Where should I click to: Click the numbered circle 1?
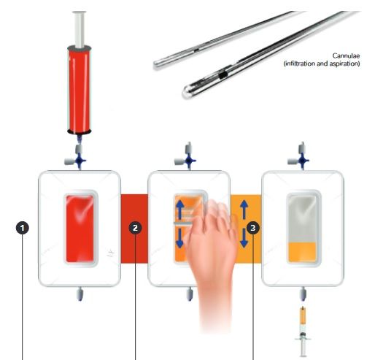click(23, 228)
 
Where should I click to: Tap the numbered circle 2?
click(135, 228)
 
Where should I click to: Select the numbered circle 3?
click(253, 228)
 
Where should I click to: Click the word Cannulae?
click(346, 55)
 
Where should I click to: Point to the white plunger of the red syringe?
click(80, 29)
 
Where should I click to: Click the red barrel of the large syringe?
click(80, 90)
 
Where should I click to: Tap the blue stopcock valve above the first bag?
click(80, 161)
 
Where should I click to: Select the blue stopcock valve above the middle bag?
click(189, 161)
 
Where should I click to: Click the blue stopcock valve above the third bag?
click(302, 161)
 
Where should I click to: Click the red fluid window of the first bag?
click(80, 229)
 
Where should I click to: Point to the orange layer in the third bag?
click(302, 252)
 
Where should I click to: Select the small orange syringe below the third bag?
click(303, 331)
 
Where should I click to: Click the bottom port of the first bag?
click(80, 294)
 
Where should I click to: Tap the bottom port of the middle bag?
click(190, 294)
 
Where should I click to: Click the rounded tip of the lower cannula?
click(187, 92)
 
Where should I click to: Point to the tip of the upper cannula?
click(156, 64)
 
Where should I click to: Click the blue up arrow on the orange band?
click(244, 210)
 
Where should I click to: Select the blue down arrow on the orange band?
click(244, 239)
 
